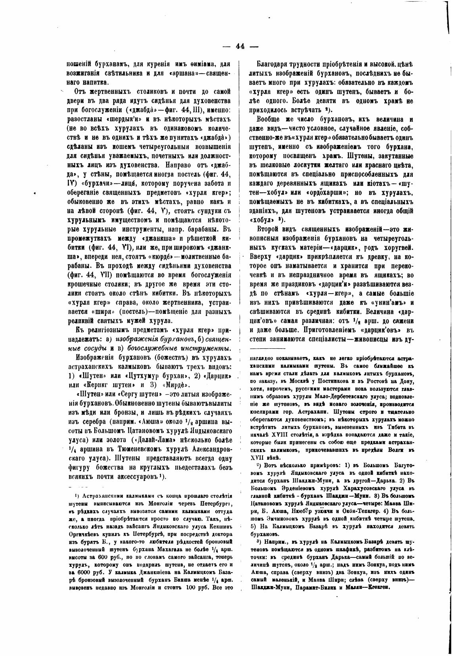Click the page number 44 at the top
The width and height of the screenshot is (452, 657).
click(x=240, y=46)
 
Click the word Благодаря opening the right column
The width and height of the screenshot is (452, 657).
click(x=274, y=63)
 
